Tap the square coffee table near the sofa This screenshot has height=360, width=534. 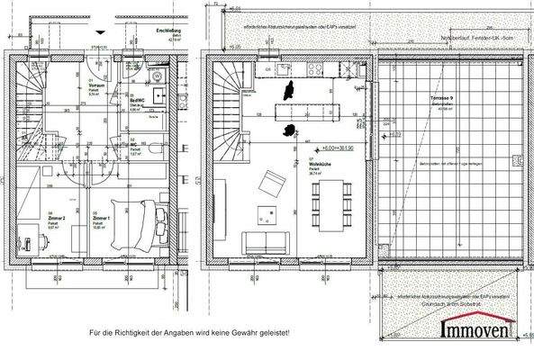[x=267, y=213]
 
